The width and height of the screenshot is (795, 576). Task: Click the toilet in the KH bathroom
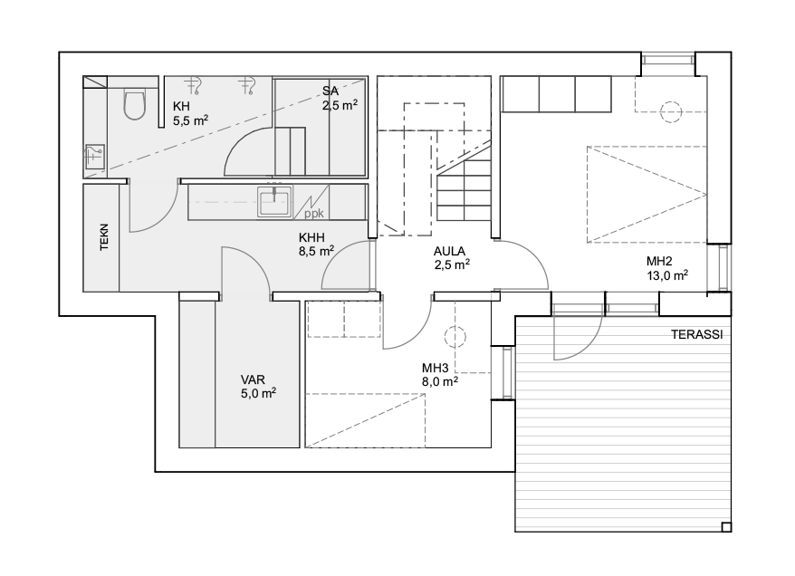[x=135, y=105]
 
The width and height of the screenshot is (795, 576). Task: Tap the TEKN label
[x=104, y=236]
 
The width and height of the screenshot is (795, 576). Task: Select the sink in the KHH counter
[x=274, y=202]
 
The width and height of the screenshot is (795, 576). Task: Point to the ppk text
[x=314, y=214]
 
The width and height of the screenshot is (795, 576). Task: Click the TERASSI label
[x=697, y=335]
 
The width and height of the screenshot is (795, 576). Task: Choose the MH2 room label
[x=659, y=262]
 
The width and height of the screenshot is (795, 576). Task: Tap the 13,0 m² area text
[x=667, y=275]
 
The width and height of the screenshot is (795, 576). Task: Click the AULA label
[x=449, y=252]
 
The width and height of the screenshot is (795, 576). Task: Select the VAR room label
[x=253, y=379]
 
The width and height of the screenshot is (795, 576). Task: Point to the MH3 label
[x=435, y=368]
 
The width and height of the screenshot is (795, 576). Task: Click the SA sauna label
[x=330, y=91]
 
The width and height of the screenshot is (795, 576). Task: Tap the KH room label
[x=181, y=107]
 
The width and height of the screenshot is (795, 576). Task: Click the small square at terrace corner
[x=726, y=527]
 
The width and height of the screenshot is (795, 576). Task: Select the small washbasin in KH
[x=94, y=157]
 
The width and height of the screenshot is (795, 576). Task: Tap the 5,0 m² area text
[x=259, y=393]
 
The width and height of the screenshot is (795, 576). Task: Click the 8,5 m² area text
[x=316, y=251]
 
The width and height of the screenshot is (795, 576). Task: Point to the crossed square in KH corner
[x=95, y=82]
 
